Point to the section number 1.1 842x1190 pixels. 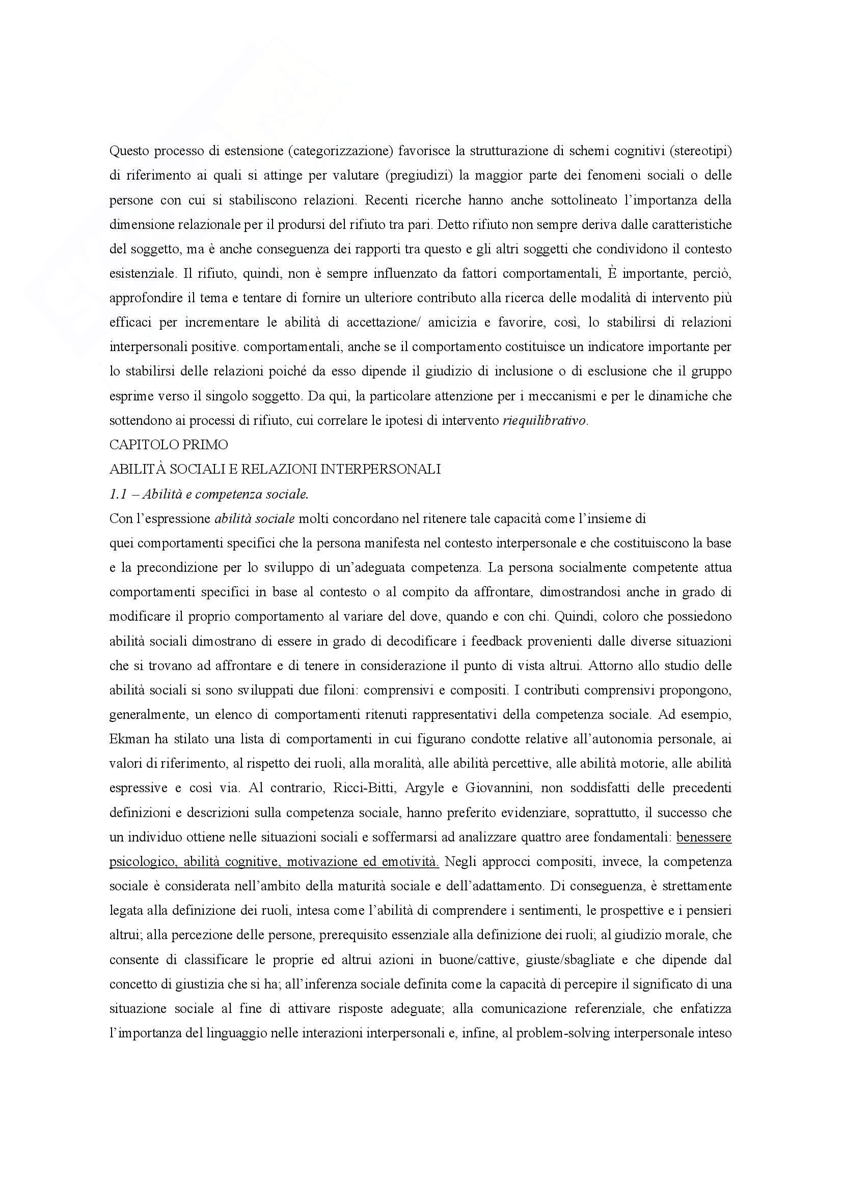pos(117,495)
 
